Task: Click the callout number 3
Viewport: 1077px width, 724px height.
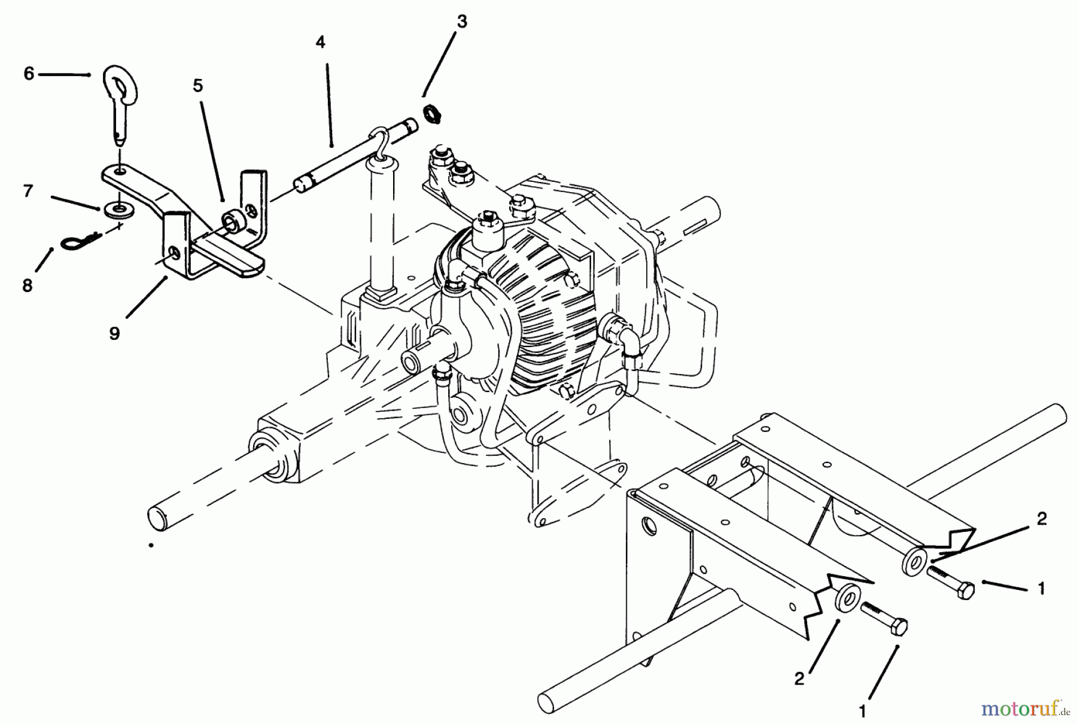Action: (460, 22)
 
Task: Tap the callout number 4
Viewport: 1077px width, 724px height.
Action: (321, 42)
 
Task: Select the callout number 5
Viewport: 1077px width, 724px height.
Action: (198, 86)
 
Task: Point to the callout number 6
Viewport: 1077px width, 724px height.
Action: (29, 74)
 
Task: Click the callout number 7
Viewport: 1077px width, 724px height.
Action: (28, 191)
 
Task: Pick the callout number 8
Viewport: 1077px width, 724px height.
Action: (28, 286)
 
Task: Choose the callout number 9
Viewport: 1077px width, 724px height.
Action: (114, 333)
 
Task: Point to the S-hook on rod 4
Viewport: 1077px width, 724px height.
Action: (378, 142)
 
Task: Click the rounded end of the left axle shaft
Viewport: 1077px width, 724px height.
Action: (157, 517)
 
